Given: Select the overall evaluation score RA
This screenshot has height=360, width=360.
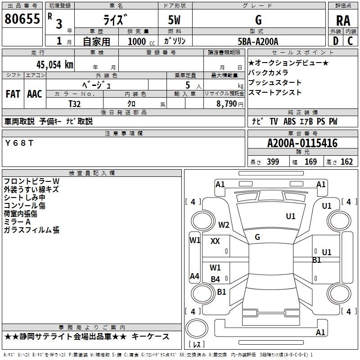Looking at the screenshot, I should [x=343, y=21].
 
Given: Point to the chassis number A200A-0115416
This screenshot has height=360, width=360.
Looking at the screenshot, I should [x=302, y=144].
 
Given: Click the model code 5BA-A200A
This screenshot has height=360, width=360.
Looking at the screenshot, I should [x=258, y=41].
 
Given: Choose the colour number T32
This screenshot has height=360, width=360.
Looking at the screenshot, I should [x=74, y=103].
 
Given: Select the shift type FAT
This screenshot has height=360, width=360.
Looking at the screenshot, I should [x=13, y=94].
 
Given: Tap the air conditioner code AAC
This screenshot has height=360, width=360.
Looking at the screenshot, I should [x=34, y=94].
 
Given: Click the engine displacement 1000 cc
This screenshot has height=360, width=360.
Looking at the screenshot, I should [x=140, y=41].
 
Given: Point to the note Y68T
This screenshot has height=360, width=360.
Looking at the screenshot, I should [x=19, y=143].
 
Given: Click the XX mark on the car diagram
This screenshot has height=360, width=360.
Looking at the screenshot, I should [x=215, y=241].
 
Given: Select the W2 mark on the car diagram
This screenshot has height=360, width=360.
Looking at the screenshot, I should [x=224, y=225].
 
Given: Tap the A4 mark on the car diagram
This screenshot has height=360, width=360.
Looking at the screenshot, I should [x=194, y=276].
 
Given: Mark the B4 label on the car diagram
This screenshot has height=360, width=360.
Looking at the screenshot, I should [x=216, y=279].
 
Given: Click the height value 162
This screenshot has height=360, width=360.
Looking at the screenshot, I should [x=346, y=162].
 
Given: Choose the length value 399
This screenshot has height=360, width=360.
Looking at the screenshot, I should [x=273, y=162].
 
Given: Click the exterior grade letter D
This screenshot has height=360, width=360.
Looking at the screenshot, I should [x=335, y=41].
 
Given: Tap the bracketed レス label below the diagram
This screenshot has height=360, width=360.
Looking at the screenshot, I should [x=196, y=345].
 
